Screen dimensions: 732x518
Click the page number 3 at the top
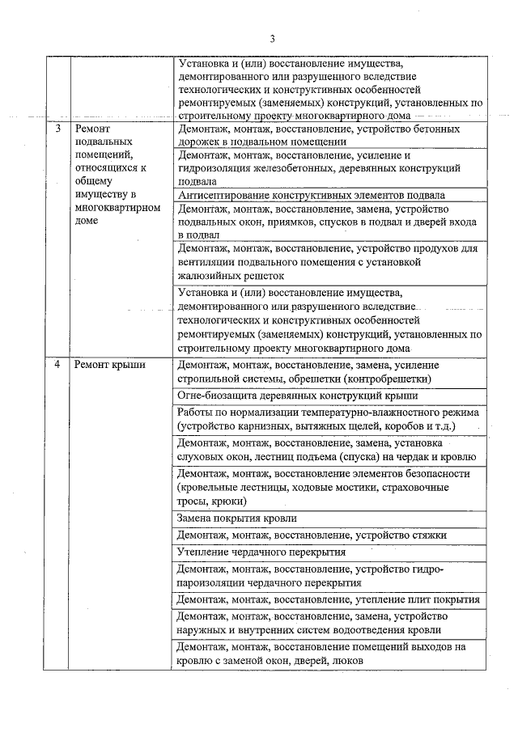[273, 39]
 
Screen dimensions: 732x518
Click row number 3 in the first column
[57, 129]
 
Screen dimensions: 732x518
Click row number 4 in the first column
[57, 365]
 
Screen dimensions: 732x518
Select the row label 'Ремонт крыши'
[110, 365]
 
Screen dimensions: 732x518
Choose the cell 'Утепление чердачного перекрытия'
[261, 552]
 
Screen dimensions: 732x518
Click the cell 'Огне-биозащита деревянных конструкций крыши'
[297, 396]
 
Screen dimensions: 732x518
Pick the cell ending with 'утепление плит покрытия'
[329, 600]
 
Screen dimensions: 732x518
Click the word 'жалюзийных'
[205, 275]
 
